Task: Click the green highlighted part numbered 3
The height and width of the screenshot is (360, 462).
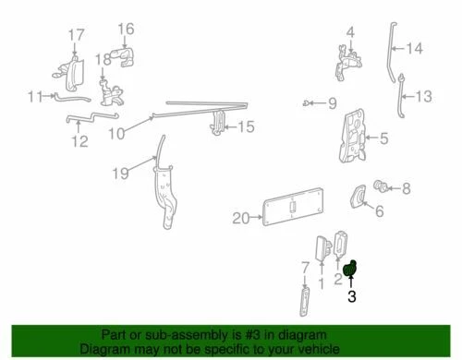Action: (x=350, y=269)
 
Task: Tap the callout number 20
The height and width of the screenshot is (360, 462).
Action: (x=240, y=219)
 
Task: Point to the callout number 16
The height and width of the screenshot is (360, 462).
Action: (x=126, y=29)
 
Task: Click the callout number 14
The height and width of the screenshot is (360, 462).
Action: (x=414, y=49)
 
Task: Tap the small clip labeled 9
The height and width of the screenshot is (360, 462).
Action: (x=305, y=102)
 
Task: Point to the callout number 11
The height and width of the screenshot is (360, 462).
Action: (x=35, y=95)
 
